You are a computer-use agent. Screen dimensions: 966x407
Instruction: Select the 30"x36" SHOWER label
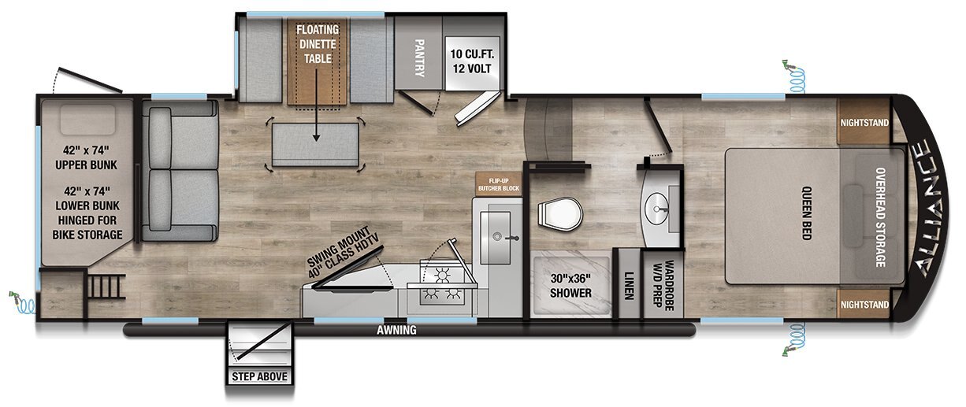570,286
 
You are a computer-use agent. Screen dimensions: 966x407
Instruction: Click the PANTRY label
418,57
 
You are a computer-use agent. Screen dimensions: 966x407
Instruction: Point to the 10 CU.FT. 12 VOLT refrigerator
472,61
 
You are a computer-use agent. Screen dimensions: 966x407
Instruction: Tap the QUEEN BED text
806,213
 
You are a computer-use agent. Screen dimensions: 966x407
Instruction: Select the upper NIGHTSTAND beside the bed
864,122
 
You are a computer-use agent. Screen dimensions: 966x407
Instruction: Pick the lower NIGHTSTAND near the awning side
864,304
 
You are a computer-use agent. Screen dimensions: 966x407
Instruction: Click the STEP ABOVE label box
259,376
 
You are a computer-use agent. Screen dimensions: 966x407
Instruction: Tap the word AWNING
396,331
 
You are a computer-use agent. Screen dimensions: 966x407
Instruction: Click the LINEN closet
629,285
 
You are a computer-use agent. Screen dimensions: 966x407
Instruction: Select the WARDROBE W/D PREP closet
663,285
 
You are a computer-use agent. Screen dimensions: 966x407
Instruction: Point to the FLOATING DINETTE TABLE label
318,44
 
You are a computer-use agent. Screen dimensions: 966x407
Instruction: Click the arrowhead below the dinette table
316,138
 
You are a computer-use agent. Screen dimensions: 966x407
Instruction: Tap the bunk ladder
106,287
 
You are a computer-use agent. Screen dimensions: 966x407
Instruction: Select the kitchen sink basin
496,238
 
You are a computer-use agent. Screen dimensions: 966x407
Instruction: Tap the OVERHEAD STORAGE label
880,217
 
